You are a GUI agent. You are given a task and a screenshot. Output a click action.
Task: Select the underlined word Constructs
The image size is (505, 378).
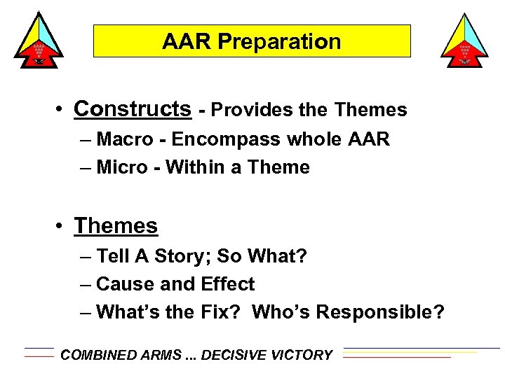point(132,109)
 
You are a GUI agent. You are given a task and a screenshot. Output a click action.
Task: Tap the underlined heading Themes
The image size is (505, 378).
point(116,226)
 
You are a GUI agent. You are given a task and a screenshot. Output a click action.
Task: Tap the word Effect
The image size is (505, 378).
point(228,284)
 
